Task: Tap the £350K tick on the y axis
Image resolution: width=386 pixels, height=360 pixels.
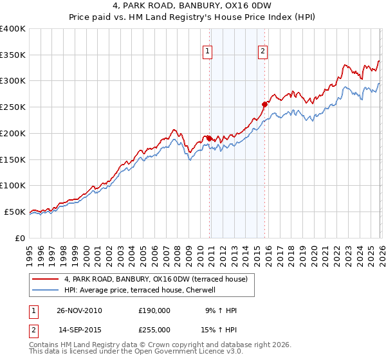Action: click(x=13, y=55)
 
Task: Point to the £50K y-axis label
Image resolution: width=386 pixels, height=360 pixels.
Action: click(x=15, y=212)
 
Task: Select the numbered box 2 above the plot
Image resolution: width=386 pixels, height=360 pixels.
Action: click(x=263, y=53)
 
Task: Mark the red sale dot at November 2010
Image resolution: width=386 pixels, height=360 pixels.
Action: click(x=210, y=138)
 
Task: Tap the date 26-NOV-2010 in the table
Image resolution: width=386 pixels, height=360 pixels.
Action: click(x=79, y=310)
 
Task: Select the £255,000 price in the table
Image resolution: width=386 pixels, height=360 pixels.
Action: click(x=154, y=330)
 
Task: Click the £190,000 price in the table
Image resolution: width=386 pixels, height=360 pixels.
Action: click(x=154, y=310)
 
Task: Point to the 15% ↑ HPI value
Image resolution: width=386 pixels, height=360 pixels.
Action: click(x=219, y=330)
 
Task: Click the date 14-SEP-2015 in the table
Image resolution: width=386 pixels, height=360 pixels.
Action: click(x=79, y=330)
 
